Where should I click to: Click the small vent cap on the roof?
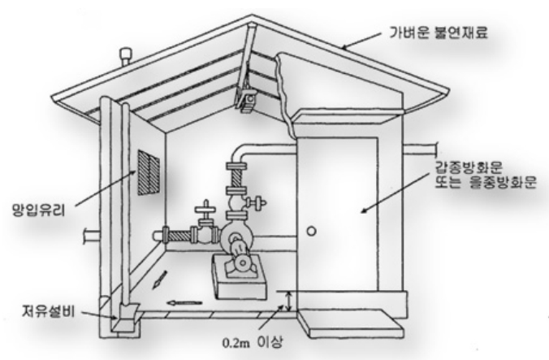pyautogui.click(x=125, y=56)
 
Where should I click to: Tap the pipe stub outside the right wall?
pyautogui.click(x=422, y=150)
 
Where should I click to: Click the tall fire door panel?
pyautogui.click(x=336, y=215)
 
